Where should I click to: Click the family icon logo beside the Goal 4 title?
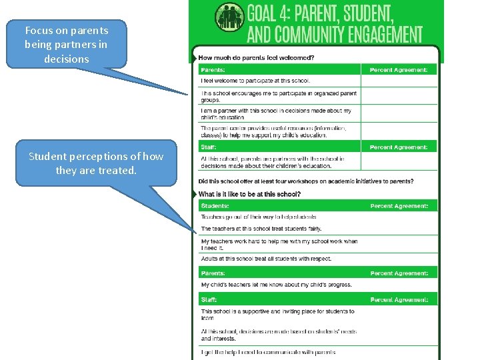click(229, 17)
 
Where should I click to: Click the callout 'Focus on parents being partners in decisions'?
click(67, 44)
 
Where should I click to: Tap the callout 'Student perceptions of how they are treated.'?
click(96, 163)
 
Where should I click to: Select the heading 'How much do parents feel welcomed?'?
click(257, 57)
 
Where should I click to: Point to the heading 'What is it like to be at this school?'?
click(249, 194)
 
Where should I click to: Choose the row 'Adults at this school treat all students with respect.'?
click(266, 259)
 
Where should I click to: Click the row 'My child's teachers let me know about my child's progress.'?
click(277, 285)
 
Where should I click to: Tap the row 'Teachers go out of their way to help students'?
click(259, 217)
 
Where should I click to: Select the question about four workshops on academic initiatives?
click(306, 181)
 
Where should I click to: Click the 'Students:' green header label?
click(215, 206)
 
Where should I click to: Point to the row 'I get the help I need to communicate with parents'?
click(268, 352)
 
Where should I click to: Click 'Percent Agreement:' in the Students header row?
click(399, 206)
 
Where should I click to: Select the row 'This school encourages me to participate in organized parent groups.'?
click(279, 97)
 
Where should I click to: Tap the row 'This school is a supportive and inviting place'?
click(277, 314)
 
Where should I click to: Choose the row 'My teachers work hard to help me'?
click(279, 244)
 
